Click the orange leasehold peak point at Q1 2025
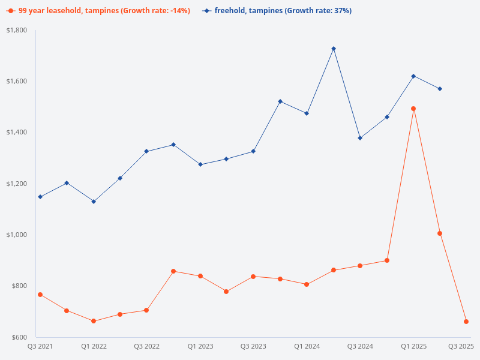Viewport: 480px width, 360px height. (x=413, y=109)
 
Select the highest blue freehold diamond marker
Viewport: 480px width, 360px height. (x=334, y=49)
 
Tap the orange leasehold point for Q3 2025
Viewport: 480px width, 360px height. (x=466, y=322)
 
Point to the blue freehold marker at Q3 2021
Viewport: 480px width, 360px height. (x=40, y=197)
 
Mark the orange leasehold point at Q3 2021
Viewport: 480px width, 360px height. (x=40, y=295)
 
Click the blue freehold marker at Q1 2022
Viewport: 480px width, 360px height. (x=94, y=202)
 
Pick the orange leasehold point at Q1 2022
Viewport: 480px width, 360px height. (x=94, y=321)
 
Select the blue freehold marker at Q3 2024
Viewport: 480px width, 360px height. (x=360, y=138)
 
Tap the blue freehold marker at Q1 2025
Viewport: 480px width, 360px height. (x=413, y=76)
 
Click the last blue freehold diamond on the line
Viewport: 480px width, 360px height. (x=440, y=89)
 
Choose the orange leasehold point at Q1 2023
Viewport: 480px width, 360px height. (x=200, y=276)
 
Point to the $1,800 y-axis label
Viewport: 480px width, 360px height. (x=17, y=30)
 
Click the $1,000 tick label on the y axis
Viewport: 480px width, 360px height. (x=17, y=235)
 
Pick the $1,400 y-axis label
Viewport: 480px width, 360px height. (x=17, y=133)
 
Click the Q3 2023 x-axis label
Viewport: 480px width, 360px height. (x=253, y=346)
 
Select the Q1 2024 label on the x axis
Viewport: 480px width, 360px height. (x=307, y=346)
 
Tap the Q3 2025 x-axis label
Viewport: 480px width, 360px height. (x=461, y=346)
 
